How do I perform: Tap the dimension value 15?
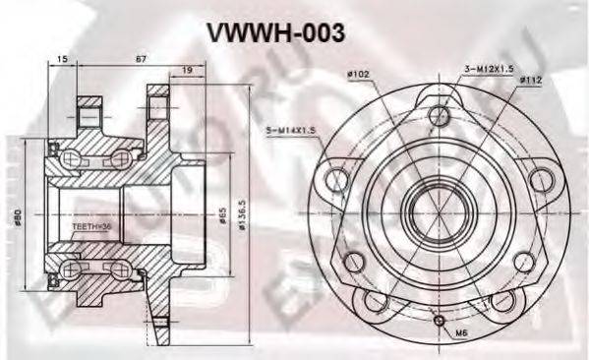pyautogui.click(x=63, y=60)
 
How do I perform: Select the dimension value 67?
pyautogui.click(x=141, y=60)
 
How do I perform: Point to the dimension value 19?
pyautogui.click(x=187, y=71)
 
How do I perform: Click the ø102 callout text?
pyautogui.click(x=357, y=73)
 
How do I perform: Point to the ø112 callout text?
pyautogui.click(x=531, y=80)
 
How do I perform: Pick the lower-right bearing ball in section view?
pyautogui.click(x=119, y=266)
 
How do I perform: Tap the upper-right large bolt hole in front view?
pyautogui.click(x=539, y=179)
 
